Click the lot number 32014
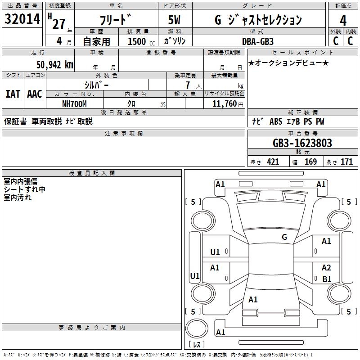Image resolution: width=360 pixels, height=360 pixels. click(22, 19)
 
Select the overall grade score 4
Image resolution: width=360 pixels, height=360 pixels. click(343, 21)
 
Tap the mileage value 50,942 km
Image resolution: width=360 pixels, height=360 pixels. click(55, 65)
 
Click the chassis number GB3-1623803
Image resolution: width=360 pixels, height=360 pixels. click(302, 143)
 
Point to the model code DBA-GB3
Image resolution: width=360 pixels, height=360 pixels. click(258, 41)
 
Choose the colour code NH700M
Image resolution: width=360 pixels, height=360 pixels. click(74, 104)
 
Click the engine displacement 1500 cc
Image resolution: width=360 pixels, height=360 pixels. click(141, 41)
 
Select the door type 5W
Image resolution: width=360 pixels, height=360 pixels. click(174, 20)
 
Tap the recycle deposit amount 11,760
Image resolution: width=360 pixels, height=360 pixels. click(225, 104)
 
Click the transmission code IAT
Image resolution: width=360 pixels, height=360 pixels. click(13, 94)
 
